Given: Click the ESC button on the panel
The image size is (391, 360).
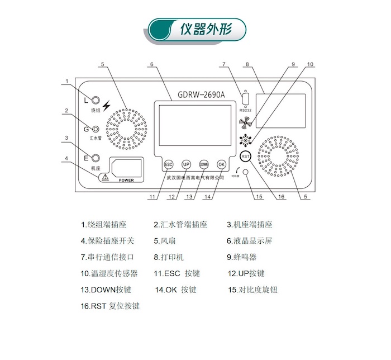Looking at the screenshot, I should click(169, 164).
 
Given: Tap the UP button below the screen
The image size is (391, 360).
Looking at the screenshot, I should click(187, 164).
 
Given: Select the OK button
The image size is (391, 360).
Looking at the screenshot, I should click(222, 164).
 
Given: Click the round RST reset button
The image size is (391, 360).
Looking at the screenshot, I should click(245, 156).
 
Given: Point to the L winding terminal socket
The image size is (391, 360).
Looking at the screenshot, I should click(96, 101).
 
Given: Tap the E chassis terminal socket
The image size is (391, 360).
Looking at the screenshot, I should click(96, 159).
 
